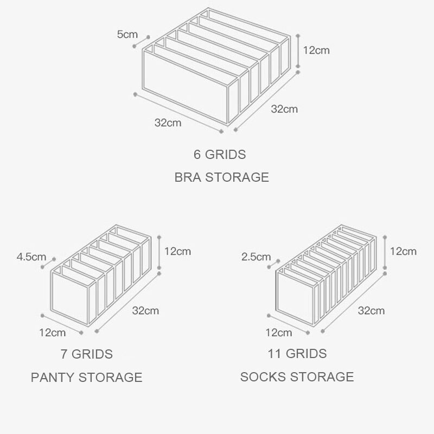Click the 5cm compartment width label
pyautogui.click(x=127, y=35)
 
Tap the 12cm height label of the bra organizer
pyautogui.click(x=316, y=50)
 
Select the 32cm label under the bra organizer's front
pyautogui.click(x=168, y=123)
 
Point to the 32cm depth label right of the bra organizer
pyautogui.click(x=284, y=109)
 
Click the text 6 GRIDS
pyautogui.click(x=220, y=155)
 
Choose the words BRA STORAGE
pyautogui.click(x=221, y=177)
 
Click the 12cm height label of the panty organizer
pyautogui.click(x=178, y=251)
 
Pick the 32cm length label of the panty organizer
pyautogui.click(x=145, y=311)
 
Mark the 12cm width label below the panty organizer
pyautogui.click(x=53, y=332)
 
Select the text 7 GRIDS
pyautogui.click(x=87, y=355)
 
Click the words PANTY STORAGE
pyautogui.click(x=87, y=378)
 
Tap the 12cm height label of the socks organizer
pyautogui.click(x=403, y=251)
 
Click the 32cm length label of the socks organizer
pyautogui.click(x=371, y=311)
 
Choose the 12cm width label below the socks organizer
pyautogui.click(x=278, y=332)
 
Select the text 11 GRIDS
pyautogui.click(x=297, y=355)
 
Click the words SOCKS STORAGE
pyautogui.click(x=297, y=376)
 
